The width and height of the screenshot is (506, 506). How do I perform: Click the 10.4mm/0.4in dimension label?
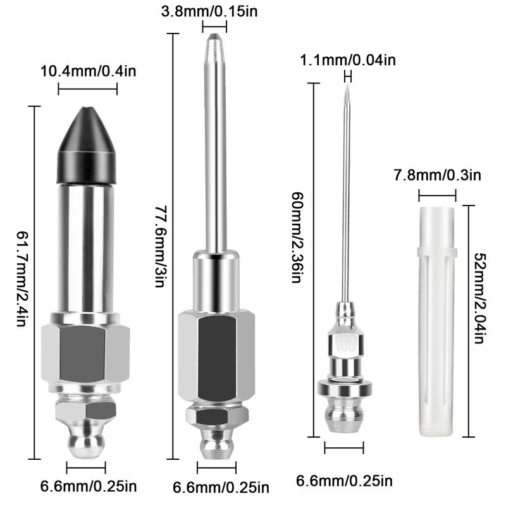[88, 71]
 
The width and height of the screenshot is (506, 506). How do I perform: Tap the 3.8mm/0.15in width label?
[209, 11]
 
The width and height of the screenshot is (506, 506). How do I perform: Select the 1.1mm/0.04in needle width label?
[348, 60]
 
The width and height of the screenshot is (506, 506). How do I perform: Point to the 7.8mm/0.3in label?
[437, 175]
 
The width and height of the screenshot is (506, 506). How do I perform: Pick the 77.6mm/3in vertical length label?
[160, 247]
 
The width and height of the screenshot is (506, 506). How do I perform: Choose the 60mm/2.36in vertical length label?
[297, 237]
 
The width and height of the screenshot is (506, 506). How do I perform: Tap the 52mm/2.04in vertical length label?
[480, 298]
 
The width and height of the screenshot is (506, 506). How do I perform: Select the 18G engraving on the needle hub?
[346, 344]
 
